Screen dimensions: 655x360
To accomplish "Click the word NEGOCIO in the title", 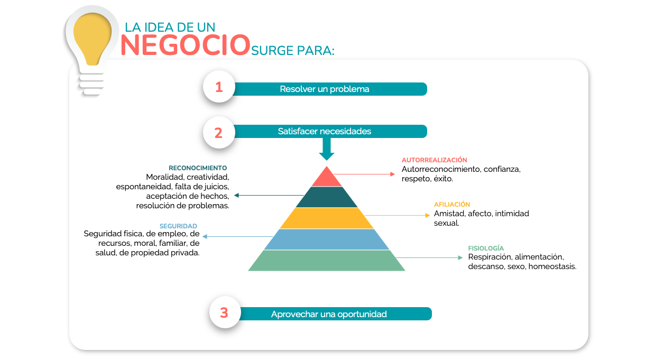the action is point(185,45).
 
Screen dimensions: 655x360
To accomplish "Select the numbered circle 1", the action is point(219,87).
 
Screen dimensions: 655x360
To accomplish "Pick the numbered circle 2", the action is point(219,133).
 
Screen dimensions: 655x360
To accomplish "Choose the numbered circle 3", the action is point(225,312).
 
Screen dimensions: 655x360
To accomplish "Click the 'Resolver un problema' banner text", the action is point(324,89).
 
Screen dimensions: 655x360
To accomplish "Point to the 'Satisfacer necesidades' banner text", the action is point(324,131).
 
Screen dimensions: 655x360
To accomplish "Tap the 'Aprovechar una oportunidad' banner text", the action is point(329,314).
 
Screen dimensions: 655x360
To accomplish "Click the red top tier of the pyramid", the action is point(327,178).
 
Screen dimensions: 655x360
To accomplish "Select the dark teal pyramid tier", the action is point(327,197).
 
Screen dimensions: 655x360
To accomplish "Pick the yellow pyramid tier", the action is point(327,218).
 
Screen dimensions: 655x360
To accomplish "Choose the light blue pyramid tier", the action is point(327,239).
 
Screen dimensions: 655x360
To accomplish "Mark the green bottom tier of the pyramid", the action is point(327,261).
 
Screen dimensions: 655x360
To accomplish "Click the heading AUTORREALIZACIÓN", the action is point(434,160).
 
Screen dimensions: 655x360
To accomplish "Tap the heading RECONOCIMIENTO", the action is point(198,168).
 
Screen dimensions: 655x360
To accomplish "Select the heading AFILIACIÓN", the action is point(452,204).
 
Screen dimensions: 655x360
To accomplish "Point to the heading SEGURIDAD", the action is point(178,226).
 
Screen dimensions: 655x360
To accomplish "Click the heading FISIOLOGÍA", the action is point(486,248).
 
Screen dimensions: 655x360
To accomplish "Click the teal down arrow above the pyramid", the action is point(327,149).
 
